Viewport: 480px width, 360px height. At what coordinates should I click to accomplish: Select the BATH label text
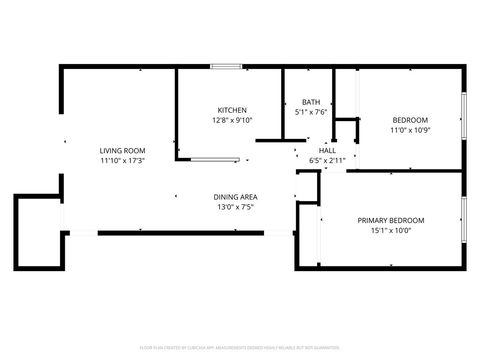(311, 102)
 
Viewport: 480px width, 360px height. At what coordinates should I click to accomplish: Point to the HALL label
(327, 150)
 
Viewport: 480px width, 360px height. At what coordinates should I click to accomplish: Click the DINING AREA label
(236, 197)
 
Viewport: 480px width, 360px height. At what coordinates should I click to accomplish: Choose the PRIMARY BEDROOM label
(391, 220)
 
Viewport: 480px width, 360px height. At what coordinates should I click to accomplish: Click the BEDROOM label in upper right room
(409, 120)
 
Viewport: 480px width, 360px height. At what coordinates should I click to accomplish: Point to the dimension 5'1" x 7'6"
(311, 112)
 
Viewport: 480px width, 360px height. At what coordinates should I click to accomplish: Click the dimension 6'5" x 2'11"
(327, 160)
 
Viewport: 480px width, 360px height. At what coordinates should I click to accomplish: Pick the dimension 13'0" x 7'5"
(236, 207)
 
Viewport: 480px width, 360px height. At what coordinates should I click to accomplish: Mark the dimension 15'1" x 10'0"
(391, 230)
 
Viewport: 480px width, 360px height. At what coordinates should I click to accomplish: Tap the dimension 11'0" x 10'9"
(409, 130)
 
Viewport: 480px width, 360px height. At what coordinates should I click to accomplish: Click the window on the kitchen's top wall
(226, 67)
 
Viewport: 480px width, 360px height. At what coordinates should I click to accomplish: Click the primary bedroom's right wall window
(463, 219)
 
